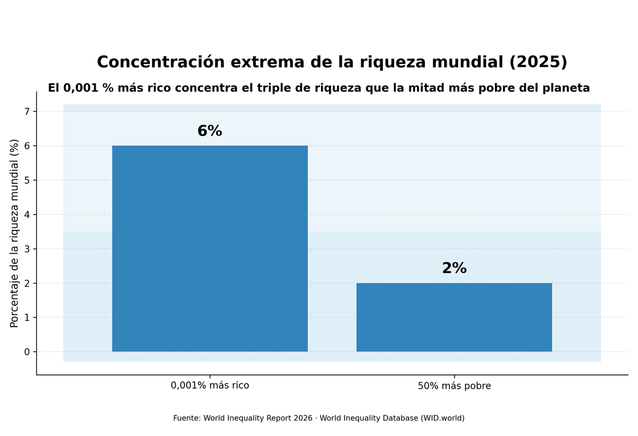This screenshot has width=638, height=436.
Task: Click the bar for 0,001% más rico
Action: click(x=209, y=249)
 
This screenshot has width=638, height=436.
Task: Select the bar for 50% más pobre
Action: click(x=454, y=317)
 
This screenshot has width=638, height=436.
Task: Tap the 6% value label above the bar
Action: click(x=209, y=131)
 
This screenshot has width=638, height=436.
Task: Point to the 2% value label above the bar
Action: click(x=454, y=269)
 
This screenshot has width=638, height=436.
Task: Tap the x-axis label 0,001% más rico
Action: click(x=209, y=386)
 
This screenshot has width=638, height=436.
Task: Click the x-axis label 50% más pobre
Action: click(x=454, y=386)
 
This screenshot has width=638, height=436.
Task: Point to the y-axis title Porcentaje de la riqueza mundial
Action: click(x=14, y=233)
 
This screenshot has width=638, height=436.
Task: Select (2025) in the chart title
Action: click(x=538, y=63)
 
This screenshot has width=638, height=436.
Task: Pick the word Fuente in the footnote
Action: click(x=186, y=418)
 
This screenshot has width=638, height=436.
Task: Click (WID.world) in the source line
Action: click(x=442, y=418)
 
